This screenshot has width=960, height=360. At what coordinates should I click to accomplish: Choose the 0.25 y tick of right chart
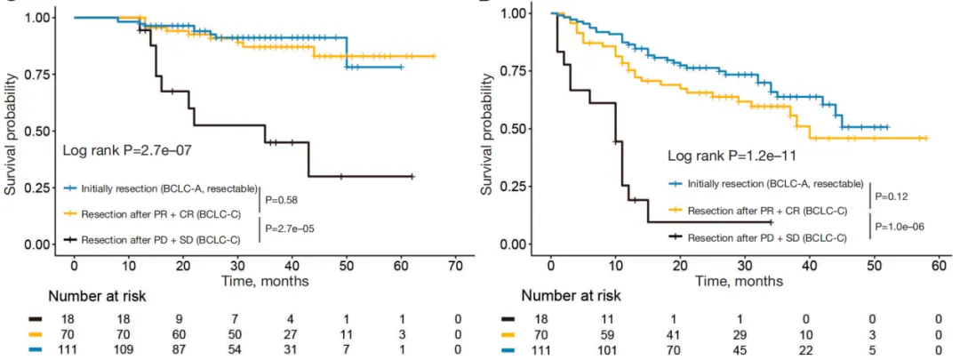click(x=515, y=187)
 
